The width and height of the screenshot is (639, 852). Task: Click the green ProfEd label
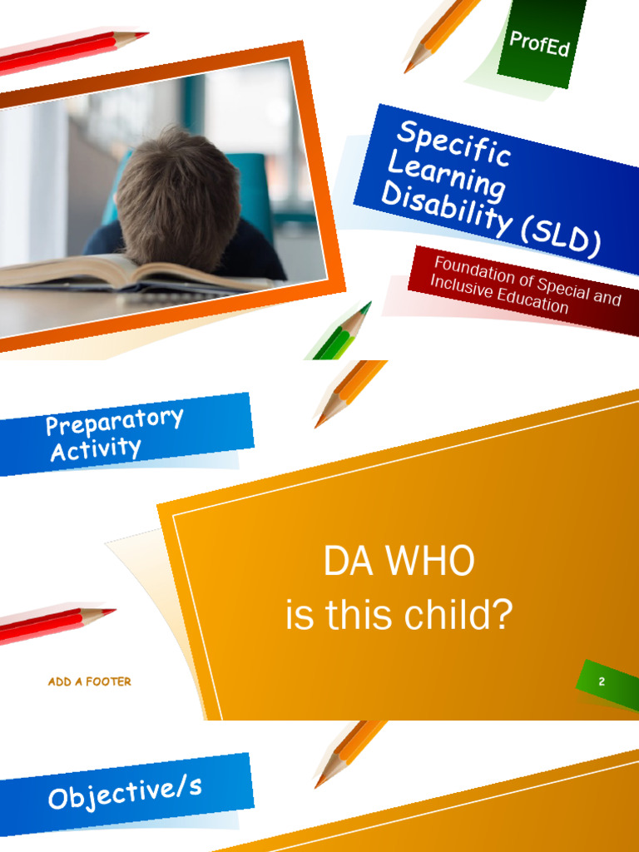click(539, 42)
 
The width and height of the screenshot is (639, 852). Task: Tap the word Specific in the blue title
click(453, 143)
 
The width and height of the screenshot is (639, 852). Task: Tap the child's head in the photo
click(179, 196)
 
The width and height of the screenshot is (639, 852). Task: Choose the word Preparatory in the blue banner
click(114, 421)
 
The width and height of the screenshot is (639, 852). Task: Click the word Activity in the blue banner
click(96, 450)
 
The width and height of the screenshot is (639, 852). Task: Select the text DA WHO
click(399, 562)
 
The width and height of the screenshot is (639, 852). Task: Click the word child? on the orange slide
click(458, 616)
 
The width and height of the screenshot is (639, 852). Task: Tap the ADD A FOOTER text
click(89, 681)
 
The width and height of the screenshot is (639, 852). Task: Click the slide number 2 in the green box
click(602, 682)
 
